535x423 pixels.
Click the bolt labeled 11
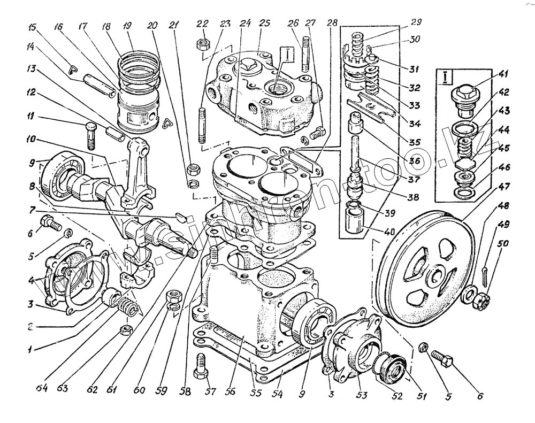(x=90, y=134)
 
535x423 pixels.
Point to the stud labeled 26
(x=305, y=53)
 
